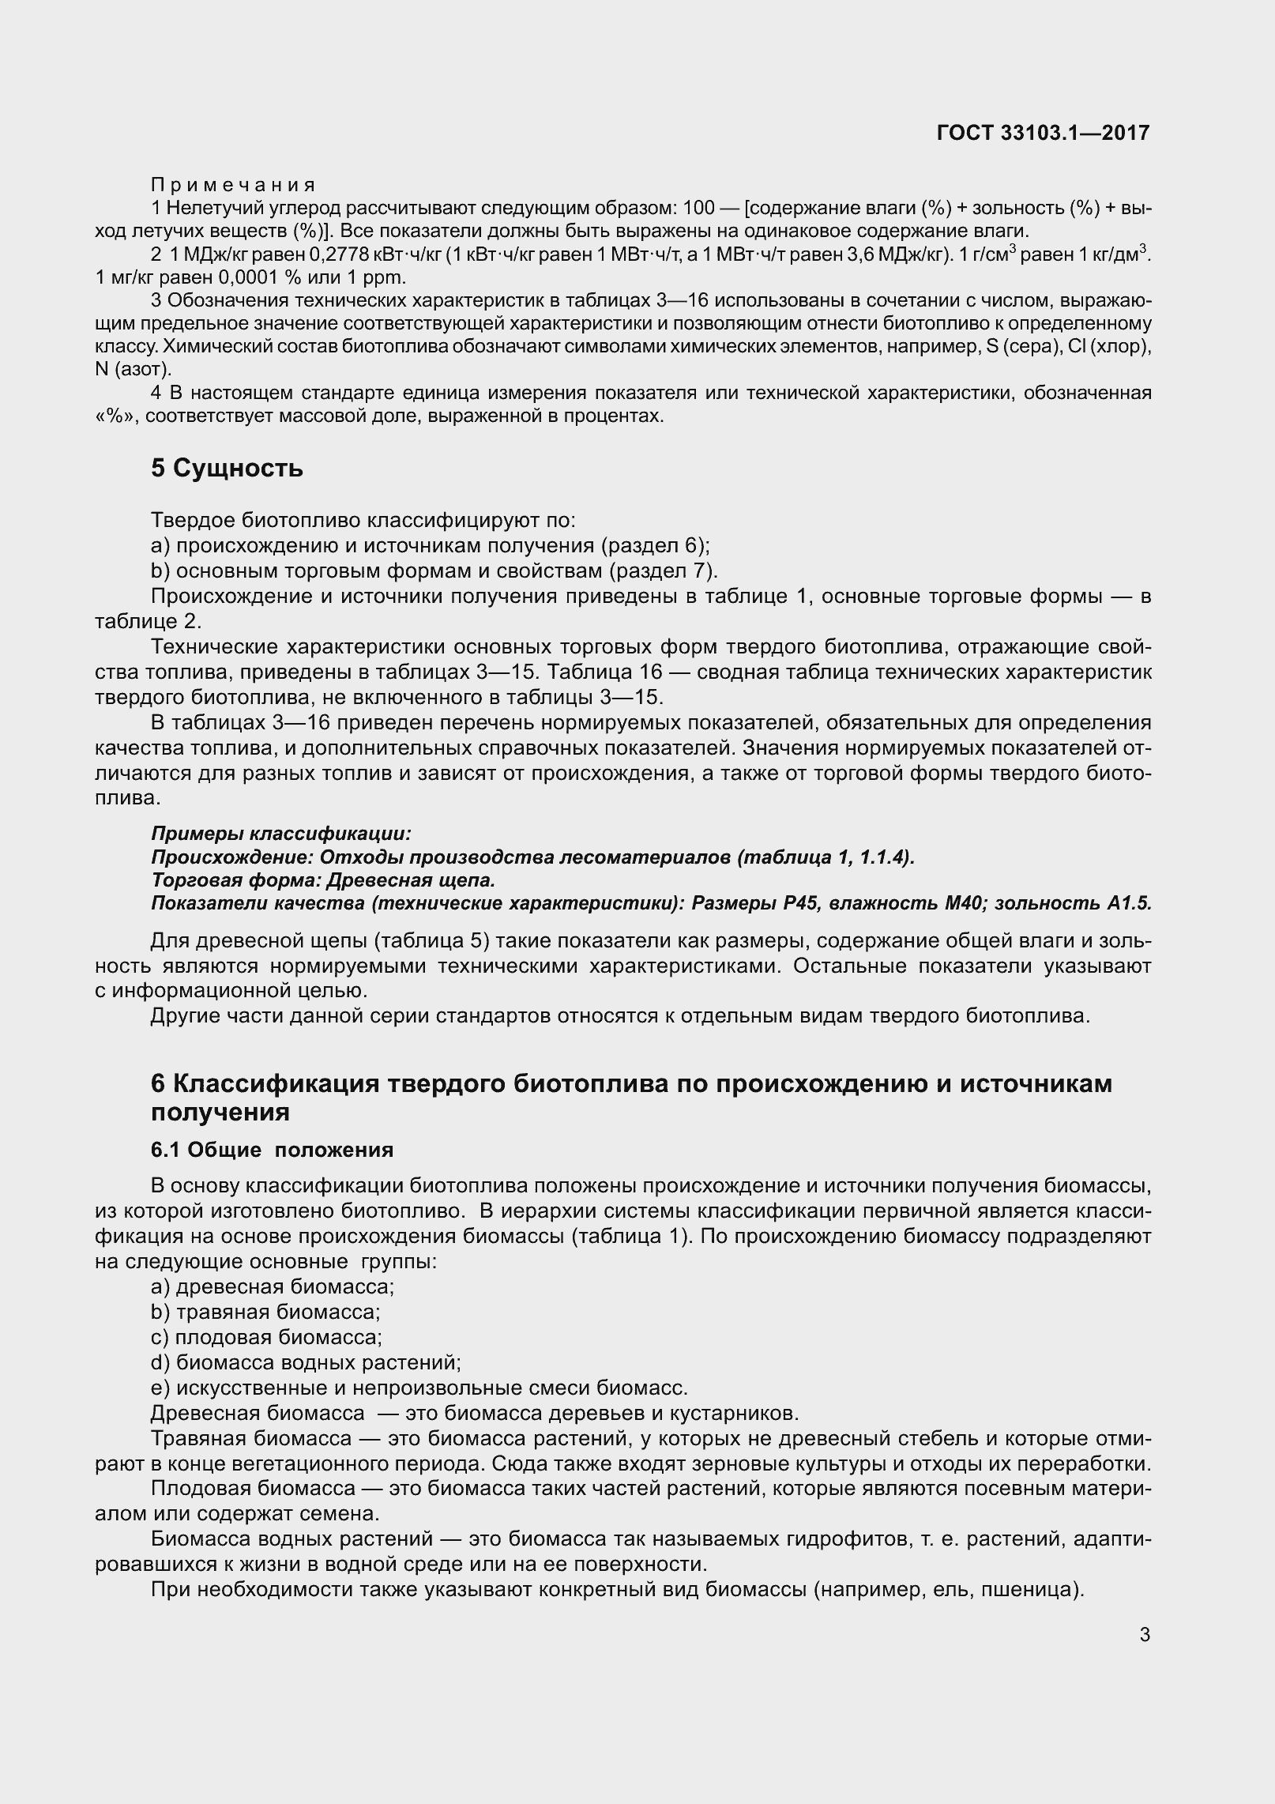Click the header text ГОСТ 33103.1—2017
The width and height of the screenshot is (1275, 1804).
(1042, 133)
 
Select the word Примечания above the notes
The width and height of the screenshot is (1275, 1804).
(233, 185)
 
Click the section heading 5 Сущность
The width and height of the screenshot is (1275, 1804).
(227, 468)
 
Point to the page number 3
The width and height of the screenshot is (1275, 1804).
(1145, 1635)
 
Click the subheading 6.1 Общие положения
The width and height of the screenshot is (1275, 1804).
(272, 1149)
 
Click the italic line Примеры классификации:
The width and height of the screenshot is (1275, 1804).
(280, 834)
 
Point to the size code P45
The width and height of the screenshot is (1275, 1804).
(804, 903)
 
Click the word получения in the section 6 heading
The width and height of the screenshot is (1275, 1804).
(220, 1112)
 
